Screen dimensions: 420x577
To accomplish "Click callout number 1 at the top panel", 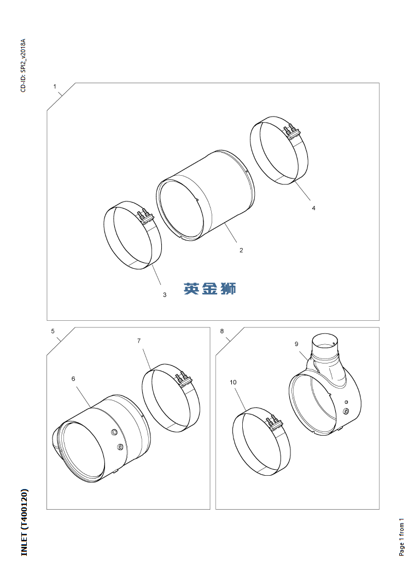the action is tap(55, 86).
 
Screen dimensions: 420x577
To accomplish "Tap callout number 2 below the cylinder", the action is tap(241, 250).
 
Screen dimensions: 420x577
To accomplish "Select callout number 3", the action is tap(165, 295).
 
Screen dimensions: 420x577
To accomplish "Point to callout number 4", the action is tap(313, 208).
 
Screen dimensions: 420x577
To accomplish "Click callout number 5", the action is tap(52, 331).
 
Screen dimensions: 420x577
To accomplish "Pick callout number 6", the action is tap(73, 379).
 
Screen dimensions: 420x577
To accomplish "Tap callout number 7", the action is tap(139, 341).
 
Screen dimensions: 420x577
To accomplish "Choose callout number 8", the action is tap(221, 331).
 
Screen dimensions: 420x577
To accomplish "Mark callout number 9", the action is tap(296, 344).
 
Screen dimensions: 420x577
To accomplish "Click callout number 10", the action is tap(233, 382).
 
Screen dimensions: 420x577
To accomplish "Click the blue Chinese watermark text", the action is tap(210, 288).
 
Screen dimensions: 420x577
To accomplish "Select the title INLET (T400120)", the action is tap(24, 522).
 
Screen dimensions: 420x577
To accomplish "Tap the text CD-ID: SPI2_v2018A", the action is tap(23, 65).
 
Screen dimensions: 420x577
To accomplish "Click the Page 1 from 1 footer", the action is tap(401, 537).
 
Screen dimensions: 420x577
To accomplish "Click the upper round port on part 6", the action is tap(114, 431).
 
